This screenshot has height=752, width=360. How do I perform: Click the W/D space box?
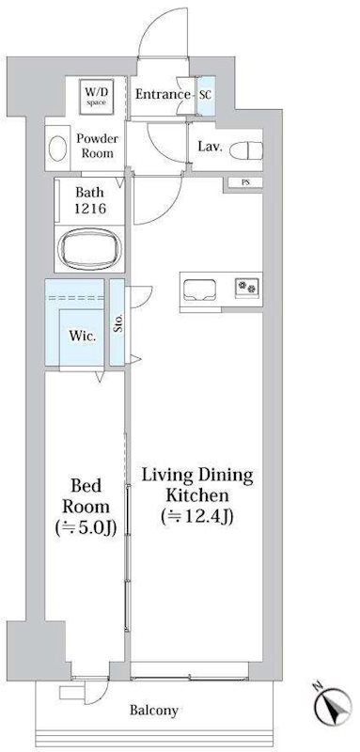coord(97,97)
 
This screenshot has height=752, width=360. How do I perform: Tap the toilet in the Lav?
coord(246,150)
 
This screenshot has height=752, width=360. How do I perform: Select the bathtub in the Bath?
coord(90,248)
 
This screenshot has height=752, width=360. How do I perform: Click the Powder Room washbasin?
coord(58,149)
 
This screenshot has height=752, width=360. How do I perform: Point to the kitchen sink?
coord(200,290)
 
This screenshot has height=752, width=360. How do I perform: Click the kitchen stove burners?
coord(247,287)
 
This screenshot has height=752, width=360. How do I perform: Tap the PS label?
coord(245,182)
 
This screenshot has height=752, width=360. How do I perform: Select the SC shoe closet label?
coord(205,95)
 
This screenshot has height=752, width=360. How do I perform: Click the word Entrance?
coord(163,94)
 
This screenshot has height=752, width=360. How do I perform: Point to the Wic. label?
coord(83,336)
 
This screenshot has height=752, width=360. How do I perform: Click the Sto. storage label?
coord(117,322)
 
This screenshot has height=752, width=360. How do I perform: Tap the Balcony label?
coord(154,711)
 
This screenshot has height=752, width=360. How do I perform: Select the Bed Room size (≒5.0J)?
coord(86,527)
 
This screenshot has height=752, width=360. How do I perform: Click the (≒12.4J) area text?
coord(197,515)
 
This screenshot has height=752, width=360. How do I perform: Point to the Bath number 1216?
coord(90,209)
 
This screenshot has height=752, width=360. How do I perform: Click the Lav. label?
coord(210,147)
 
